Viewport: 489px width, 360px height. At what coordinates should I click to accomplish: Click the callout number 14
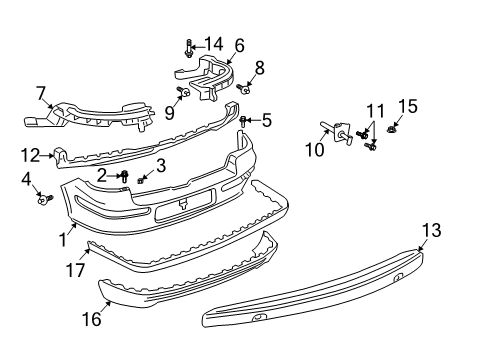214,44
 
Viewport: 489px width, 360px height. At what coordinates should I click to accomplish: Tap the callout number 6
239,46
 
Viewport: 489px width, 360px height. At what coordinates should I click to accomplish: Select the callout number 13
432,230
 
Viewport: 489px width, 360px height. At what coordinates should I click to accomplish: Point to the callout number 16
92,319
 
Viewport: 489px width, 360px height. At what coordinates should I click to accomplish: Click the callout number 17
76,269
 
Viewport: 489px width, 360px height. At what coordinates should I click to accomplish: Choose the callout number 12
30,155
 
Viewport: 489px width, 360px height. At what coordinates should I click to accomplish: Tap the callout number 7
41,93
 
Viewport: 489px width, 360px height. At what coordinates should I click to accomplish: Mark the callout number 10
315,150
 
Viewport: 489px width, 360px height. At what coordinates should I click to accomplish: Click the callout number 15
408,106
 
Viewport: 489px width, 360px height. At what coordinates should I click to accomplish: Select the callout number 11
376,111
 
